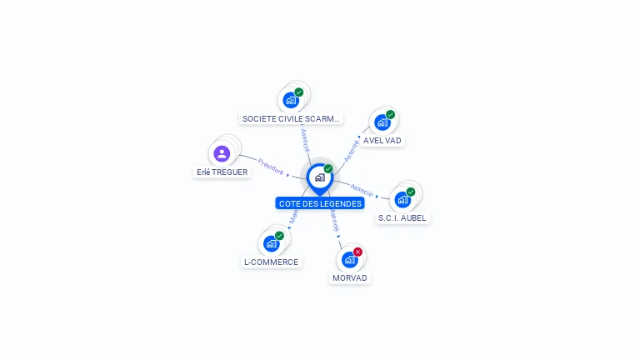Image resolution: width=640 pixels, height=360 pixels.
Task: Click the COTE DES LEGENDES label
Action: pyautogui.click(x=320, y=203)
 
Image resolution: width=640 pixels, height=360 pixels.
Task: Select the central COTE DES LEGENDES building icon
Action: pyautogui.click(x=319, y=177)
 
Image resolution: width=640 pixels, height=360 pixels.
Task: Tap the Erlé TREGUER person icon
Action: pyautogui.click(x=222, y=153)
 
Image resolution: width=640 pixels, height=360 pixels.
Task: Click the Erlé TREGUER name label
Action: pyautogui.click(x=222, y=172)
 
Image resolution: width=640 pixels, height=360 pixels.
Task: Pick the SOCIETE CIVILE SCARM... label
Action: pyautogui.click(x=291, y=119)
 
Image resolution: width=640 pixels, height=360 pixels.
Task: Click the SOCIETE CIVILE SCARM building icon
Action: pyautogui.click(x=291, y=100)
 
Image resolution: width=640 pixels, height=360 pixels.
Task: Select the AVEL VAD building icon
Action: pyautogui.click(x=382, y=122)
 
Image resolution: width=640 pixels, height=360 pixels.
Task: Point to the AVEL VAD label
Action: pyautogui.click(x=382, y=141)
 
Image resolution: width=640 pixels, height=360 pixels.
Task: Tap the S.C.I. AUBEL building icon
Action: pyautogui.click(x=402, y=200)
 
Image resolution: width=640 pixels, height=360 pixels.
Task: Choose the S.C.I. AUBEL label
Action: pyautogui.click(x=402, y=218)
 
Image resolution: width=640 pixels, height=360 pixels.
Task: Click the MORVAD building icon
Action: pyautogui.click(x=350, y=259)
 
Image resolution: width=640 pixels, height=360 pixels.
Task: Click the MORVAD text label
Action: pyautogui.click(x=350, y=277)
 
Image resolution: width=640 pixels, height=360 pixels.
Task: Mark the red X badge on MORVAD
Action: pyautogui.click(x=358, y=252)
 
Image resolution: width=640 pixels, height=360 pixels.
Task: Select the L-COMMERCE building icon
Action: pyautogui.click(x=271, y=243)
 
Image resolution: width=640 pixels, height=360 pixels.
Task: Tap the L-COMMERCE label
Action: pyautogui.click(x=271, y=262)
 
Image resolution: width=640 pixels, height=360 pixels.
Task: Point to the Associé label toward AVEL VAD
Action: pyautogui.click(x=352, y=149)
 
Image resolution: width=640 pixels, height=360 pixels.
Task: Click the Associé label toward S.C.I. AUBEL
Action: pyautogui.click(x=362, y=189)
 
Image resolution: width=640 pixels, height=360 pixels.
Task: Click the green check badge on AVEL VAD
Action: pyautogui.click(x=390, y=115)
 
